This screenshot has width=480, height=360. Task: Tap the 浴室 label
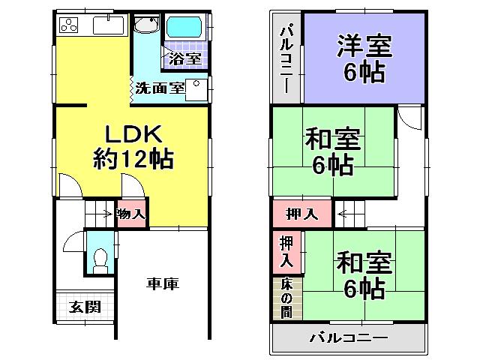(184, 58)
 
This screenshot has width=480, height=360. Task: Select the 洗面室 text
(159, 87)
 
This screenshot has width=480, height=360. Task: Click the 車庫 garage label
(163, 284)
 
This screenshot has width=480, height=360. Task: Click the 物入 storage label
(131, 214)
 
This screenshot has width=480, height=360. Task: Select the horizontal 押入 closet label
(301, 214)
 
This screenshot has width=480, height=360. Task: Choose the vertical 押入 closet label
(286, 253)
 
